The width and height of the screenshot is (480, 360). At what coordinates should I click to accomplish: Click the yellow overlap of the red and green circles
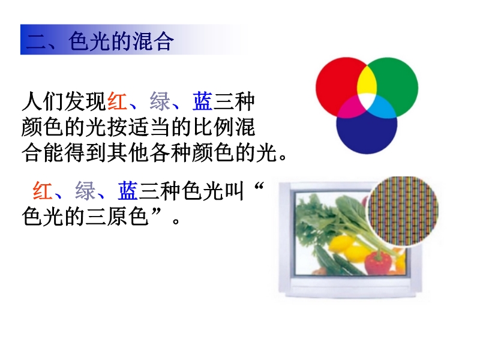pos(367,81)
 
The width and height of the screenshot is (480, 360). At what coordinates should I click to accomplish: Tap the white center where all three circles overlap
pos(367,100)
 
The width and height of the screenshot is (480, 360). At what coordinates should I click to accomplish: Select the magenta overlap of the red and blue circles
pos(350,107)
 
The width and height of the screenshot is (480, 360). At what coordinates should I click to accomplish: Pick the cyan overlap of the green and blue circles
pos(383,108)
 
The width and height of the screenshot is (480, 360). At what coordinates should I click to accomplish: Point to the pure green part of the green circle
pos(398,80)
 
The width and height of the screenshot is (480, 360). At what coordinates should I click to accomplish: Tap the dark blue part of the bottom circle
pos(367,134)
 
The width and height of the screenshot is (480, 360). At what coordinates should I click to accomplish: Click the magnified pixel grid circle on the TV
pos(403,211)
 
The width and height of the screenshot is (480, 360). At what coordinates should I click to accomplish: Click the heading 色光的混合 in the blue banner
pos(121,41)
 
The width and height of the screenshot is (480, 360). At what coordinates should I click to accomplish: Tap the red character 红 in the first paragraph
pos(117,101)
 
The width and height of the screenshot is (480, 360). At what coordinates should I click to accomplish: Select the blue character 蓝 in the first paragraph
pos(202,101)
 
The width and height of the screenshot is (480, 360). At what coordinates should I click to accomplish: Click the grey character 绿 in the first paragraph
pos(160,101)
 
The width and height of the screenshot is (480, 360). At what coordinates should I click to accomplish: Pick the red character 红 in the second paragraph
pos(43,191)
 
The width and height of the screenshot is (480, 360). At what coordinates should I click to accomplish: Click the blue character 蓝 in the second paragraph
pos(128,191)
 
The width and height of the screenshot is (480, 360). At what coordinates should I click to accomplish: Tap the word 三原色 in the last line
pos(117,217)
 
